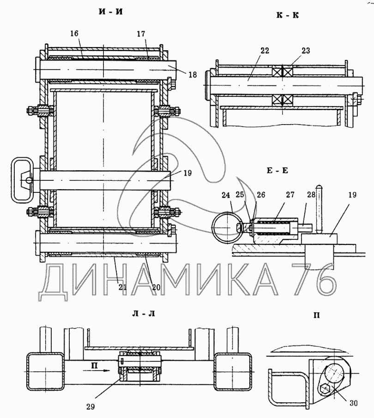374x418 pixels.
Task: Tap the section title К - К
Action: click(287, 15)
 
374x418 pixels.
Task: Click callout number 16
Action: click(75, 34)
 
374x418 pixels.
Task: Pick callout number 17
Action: click(141, 34)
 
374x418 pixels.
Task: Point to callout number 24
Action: click(226, 196)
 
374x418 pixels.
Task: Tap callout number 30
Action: click(353, 403)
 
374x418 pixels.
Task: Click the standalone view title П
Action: click(317, 316)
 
